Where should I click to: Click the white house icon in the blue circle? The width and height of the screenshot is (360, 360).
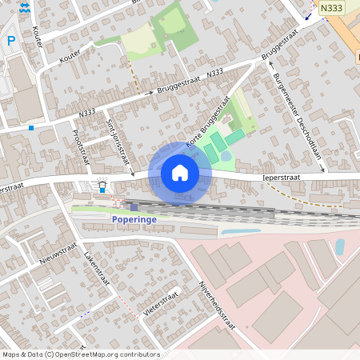coord(180,173)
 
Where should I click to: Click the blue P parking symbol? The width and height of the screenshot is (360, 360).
coord(11,40)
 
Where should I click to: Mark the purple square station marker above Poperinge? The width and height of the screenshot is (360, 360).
coord(134,206)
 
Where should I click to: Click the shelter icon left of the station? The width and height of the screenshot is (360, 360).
coord(103,185)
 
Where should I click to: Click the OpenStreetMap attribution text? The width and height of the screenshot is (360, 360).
coord(80,354)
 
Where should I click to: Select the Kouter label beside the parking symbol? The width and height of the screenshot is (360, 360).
coord(37,36)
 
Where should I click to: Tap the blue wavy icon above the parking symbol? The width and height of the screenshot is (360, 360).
coord(25,7)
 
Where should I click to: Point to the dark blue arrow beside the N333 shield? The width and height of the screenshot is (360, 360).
coord(309,14)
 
